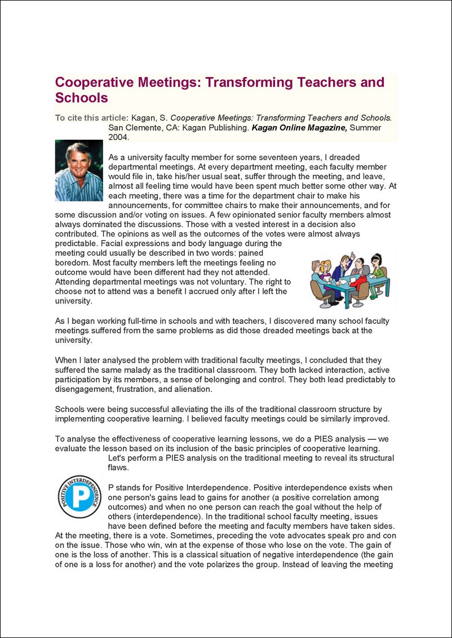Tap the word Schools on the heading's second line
coord(81,97)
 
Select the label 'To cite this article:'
coord(92,118)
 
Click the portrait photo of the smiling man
coord(79,171)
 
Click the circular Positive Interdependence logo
coord(79,496)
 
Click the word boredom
coord(72,262)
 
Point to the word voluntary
coord(223,282)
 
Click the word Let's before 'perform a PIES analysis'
coord(118,458)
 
